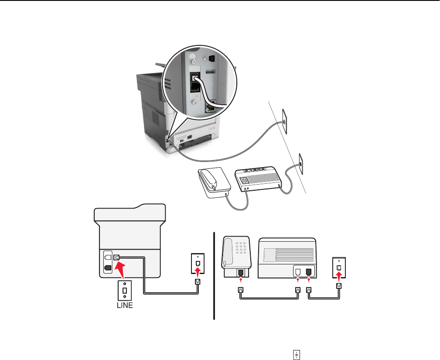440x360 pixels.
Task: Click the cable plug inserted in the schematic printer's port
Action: [117, 257]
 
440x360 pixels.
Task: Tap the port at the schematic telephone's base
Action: [241, 273]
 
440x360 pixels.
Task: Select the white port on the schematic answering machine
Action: [298, 271]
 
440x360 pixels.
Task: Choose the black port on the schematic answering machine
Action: [309, 271]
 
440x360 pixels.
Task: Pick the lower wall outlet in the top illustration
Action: [300, 160]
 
